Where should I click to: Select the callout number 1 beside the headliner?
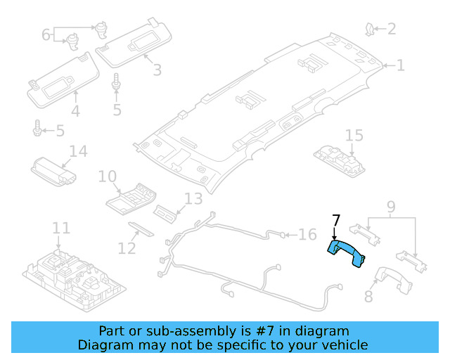(x=400, y=66)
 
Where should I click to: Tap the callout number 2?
(x=391, y=29)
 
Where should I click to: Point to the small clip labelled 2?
(x=368, y=29)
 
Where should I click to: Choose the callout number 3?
(x=156, y=70)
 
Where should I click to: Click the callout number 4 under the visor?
(x=75, y=110)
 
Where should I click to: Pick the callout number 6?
(x=46, y=34)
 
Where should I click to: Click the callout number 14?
(x=77, y=151)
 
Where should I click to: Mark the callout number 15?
(x=354, y=135)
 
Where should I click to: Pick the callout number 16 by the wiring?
(x=308, y=234)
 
